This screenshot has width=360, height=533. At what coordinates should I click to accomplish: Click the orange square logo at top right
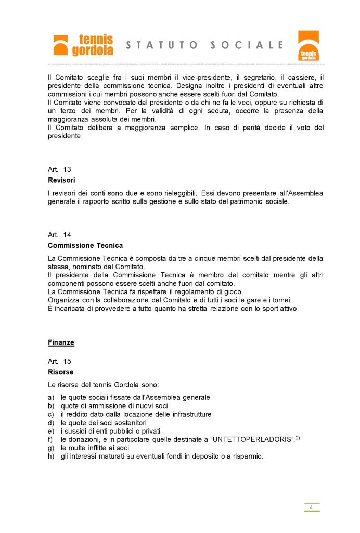(x=308, y=46)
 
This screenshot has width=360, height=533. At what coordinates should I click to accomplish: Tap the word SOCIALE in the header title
(x=247, y=45)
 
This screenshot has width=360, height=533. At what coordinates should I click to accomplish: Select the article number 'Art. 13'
(x=59, y=170)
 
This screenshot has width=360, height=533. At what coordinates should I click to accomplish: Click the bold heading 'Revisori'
(x=61, y=180)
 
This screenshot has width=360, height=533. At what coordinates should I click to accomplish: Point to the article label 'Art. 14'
(x=59, y=235)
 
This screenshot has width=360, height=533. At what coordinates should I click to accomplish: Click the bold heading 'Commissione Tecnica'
(x=85, y=245)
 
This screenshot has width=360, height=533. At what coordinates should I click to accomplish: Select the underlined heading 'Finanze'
(x=61, y=342)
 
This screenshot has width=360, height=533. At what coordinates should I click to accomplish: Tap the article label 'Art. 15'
(x=59, y=361)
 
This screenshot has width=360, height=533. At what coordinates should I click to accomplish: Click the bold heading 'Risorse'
(x=60, y=372)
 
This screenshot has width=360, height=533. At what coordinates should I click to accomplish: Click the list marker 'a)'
(x=51, y=397)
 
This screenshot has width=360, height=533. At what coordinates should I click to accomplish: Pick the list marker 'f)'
(x=50, y=439)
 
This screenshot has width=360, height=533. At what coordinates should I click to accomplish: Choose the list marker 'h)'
(x=51, y=456)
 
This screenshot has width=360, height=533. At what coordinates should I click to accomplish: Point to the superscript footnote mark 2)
(x=298, y=438)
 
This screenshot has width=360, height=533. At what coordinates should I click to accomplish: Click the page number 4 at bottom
(x=311, y=507)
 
